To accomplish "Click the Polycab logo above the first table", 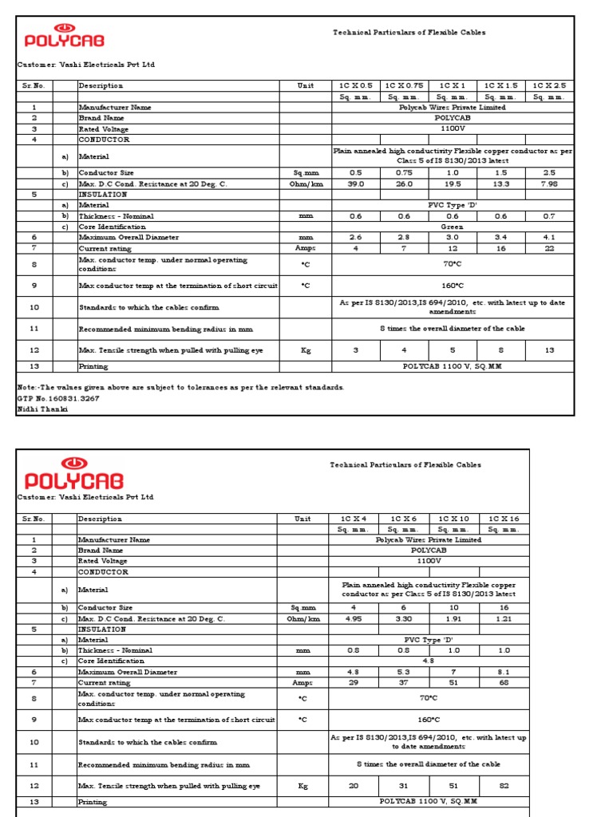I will point(65,37).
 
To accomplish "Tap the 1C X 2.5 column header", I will point(549,85).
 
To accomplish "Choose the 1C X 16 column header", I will point(504,519).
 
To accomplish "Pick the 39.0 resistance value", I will point(356,184).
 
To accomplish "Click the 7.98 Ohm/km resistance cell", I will point(549,184).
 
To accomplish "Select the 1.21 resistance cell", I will point(504,618).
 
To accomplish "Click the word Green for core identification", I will point(452,227).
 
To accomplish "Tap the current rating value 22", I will point(549,248).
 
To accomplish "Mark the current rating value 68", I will point(504,682).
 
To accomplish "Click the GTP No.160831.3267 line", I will point(58,397).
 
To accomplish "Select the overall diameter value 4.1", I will point(549,237).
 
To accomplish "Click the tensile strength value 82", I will point(504,786).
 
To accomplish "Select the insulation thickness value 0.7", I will point(549,216).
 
